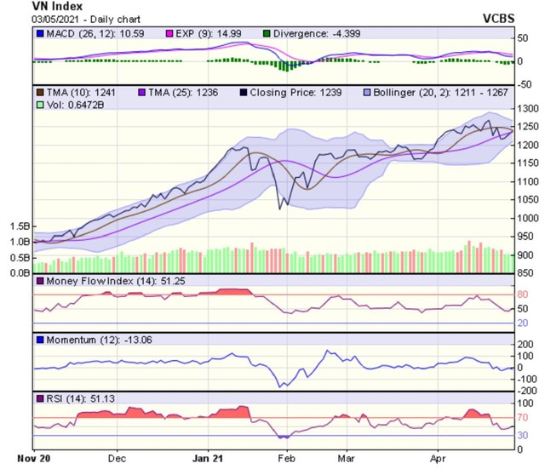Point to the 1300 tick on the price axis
pos(528,109)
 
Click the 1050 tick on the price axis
pos(528,199)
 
